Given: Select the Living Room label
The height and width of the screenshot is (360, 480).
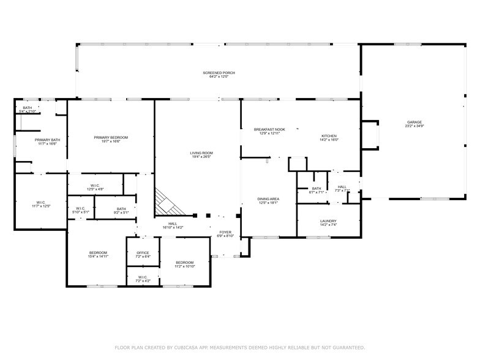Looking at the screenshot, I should [201, 154].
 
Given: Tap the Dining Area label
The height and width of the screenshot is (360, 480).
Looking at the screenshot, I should [269, 200].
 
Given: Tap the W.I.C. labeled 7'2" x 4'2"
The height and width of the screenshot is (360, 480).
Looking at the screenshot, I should [143, 279].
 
